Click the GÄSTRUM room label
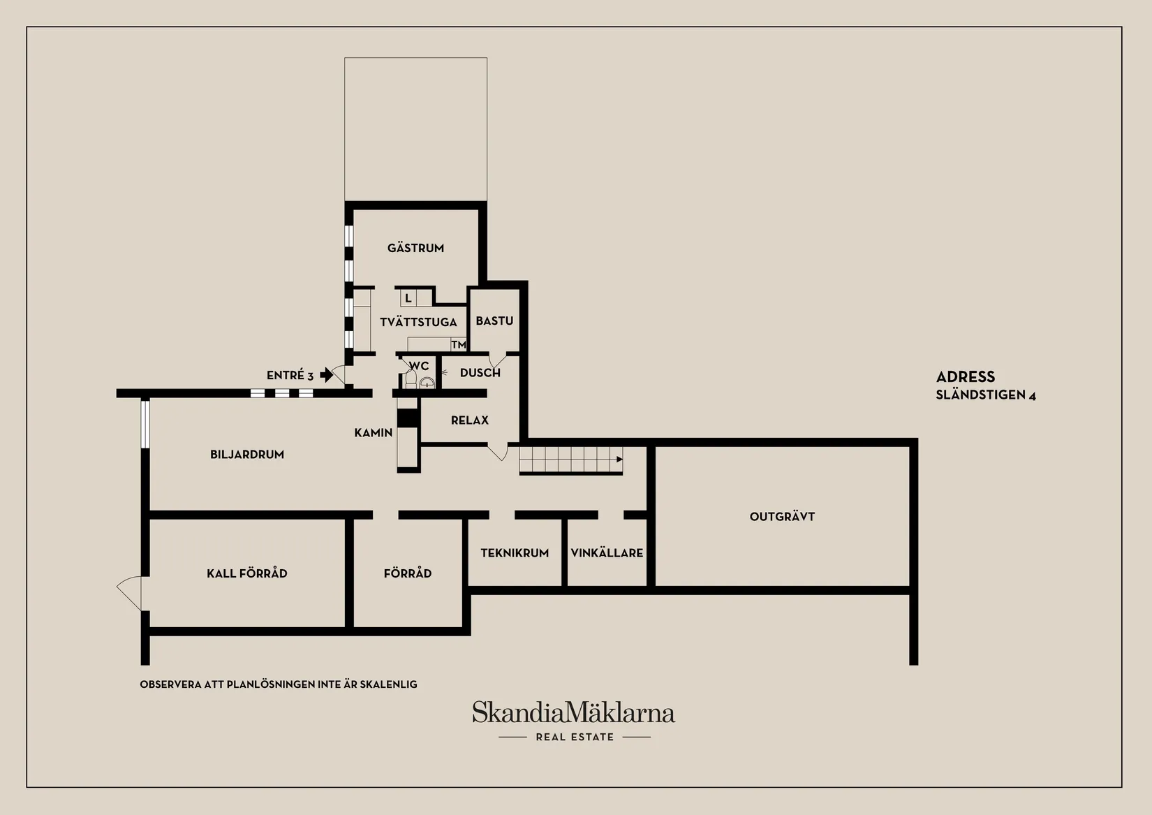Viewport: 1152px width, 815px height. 415,248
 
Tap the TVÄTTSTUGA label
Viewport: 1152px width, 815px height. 418,322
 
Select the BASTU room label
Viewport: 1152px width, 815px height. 494,321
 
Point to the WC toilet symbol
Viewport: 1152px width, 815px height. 411,379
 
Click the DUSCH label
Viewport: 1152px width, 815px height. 480,372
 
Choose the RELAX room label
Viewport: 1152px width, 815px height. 470,420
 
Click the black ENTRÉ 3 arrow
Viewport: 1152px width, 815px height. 327,374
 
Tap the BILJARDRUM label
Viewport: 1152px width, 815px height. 247,455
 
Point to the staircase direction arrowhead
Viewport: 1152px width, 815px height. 620,460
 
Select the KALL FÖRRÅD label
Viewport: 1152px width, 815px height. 247,573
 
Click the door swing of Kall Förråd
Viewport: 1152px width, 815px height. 128,592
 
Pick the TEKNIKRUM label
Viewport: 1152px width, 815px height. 515,553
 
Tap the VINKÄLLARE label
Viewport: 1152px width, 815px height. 607,553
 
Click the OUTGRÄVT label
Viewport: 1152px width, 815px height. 782,517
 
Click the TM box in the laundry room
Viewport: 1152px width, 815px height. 459,344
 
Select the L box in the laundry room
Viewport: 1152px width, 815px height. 408,298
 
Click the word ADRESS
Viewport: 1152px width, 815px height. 966,376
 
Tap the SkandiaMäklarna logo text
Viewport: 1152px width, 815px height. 573,712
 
